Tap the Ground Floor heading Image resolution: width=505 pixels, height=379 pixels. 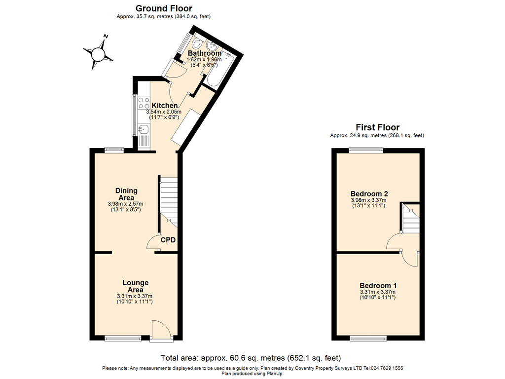tap(164, 8)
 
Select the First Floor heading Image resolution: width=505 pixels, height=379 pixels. tap(377, 127)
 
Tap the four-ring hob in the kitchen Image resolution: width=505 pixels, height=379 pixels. tap(144, 103)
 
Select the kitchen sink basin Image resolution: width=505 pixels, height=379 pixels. tap(144, 130)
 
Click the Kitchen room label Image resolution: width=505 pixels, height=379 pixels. tap(164, 106)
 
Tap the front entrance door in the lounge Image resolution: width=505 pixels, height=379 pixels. tap(162, 331)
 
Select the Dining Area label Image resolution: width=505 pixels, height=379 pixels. tap(126, 194)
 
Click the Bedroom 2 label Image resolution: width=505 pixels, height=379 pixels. tap(368, 193)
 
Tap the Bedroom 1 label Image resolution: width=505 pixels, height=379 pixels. tap(378, 285)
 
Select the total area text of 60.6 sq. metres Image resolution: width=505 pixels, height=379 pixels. tap(251, 358)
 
